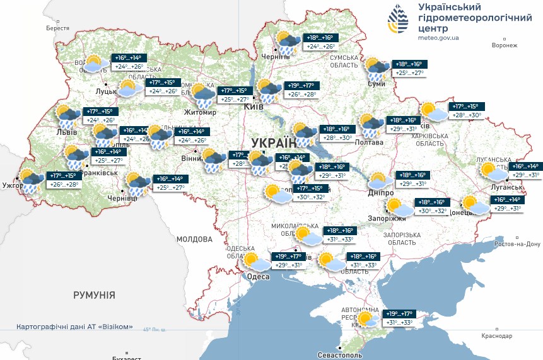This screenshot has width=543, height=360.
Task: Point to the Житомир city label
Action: pos(200,113)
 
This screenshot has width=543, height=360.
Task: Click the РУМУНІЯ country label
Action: pos(94,295)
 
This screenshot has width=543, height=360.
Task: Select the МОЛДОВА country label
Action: pos(194,240)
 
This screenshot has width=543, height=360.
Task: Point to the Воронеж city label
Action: pos(504,45)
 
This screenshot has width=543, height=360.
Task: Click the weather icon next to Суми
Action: pos(378,67)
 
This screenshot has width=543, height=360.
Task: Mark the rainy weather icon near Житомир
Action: pos(203,95)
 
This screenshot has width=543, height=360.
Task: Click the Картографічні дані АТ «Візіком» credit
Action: pos(75,327)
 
